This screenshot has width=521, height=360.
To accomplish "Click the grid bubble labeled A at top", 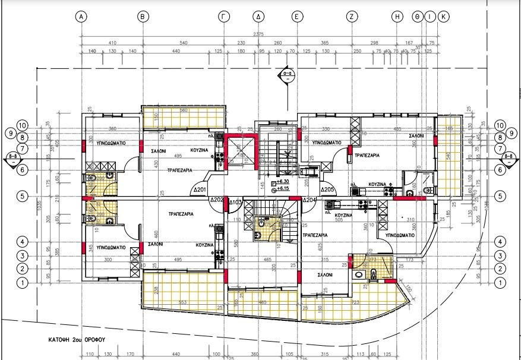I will [x=82, y=17].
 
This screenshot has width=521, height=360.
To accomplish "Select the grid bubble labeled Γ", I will [x=224, y=17].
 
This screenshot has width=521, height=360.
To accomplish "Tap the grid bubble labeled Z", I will [x=352, y=17].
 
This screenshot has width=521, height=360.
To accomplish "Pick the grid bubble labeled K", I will [x=443, y=17].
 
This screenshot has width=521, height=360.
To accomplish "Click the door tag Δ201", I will [x=200, y=191].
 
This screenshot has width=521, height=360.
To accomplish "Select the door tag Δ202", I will [x=216, y=200].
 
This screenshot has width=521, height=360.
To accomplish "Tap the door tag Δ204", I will [x=309, y=201].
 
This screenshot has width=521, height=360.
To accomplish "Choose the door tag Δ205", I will [x=328, y=191].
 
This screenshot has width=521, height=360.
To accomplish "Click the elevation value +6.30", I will [x=283, y=182].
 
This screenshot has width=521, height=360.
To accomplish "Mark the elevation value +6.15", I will [x=283, y=188].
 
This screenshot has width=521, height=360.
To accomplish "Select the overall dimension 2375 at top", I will [x=258, y=34].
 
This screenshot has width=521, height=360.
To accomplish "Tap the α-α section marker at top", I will [x=287, y=75].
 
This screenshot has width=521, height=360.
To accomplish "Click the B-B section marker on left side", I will [x=12, y=158].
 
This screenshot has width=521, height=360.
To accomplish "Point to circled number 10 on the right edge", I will [x=499, y=125].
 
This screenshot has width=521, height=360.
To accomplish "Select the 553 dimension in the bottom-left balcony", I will [x=183, y=303].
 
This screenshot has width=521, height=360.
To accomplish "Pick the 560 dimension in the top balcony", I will [x=184, y=110].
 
